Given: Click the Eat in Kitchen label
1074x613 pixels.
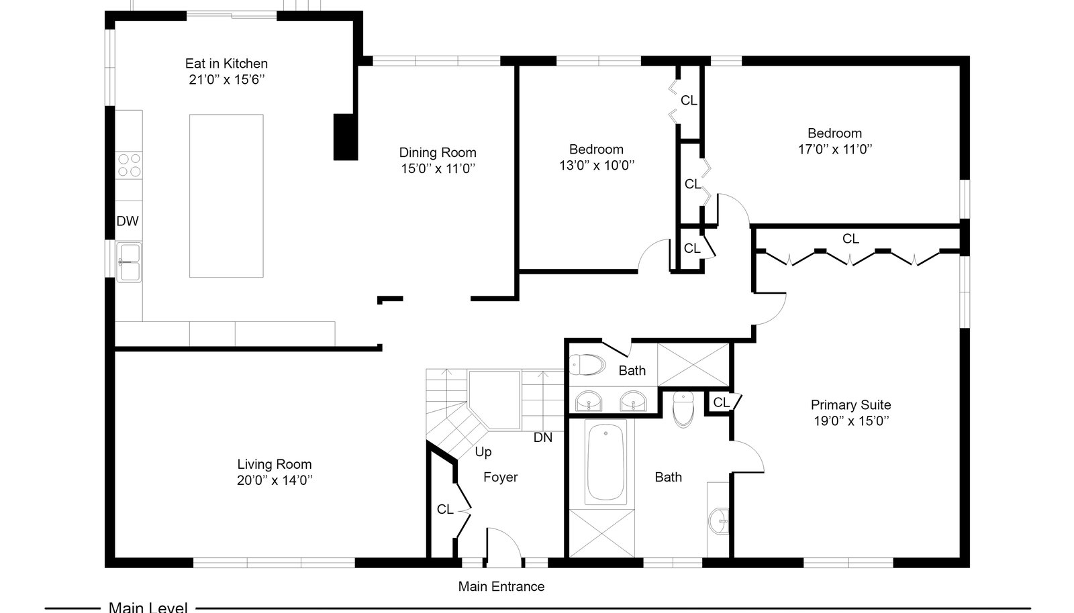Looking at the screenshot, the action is (x=226, y=64).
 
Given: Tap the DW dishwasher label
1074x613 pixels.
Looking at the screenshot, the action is (x=128, y=221).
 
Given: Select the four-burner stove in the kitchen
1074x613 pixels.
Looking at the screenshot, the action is (x=129, y=165).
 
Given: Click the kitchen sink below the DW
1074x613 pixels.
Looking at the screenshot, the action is (x=129, y=262).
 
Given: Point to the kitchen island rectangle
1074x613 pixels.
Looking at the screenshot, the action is (x=226, y=196).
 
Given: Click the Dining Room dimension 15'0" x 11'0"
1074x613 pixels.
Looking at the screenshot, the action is (x=438, y=168).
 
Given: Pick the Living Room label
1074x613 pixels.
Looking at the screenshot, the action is (x=275, y=464).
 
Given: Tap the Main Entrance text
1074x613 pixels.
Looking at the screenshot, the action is (x=501, y=587).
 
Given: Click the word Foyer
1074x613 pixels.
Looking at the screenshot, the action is (x=501, y=478).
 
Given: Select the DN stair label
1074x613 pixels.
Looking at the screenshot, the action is (x=543, y=438).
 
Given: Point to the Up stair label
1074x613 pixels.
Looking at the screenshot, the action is (x=483, y=452).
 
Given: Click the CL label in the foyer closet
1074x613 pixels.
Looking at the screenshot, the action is (x=445, y=510).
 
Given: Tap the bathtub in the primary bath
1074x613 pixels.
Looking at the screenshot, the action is (x=605, y=463).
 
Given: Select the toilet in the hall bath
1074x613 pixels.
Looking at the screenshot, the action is (x=587, y=365).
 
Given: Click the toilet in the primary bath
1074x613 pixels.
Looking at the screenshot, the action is (x=683, y=410).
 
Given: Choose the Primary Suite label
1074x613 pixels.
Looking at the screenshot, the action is (x=850, y=405).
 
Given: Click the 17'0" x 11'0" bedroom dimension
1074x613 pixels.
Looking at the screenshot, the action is (x=835, y=150).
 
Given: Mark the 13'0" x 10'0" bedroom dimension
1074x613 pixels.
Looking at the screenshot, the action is (x=597, y=166).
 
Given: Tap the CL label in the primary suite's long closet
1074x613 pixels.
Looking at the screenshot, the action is (x=850, y=239).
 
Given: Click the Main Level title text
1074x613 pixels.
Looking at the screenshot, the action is (x=148, y=607).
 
